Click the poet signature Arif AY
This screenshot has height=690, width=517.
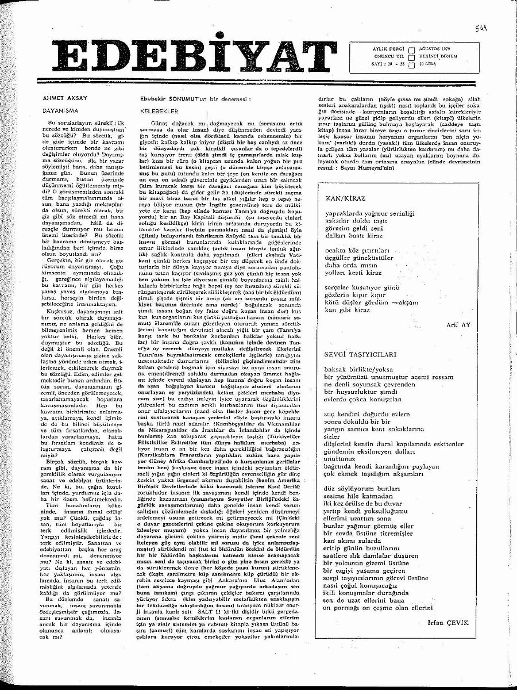click(458, 324)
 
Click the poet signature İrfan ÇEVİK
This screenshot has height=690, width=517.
click(449, 623)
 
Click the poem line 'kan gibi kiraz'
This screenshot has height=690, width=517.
click(348, 309)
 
